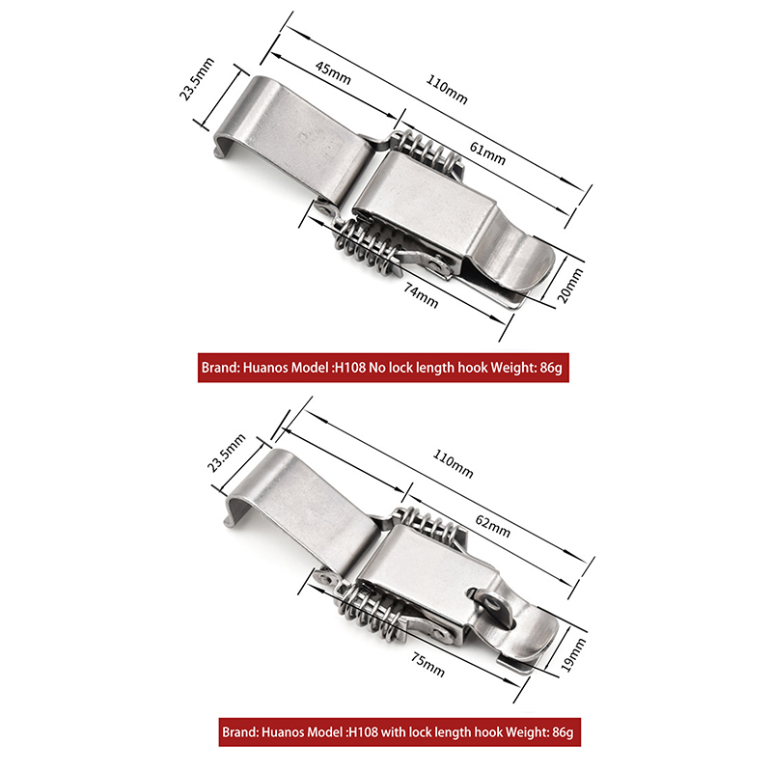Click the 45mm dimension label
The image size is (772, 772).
[x=333, y=72]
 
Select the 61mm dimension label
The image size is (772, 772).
[x=487, y=153]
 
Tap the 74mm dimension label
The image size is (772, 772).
[x=421, y=295]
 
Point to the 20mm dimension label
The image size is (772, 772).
[x=570, y=286]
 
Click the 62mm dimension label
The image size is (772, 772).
[x=492, y=526]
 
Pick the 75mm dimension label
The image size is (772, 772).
[x=427, y=665]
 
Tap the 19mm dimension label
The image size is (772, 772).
[x=573, y=655]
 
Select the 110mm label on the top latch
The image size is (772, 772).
[x=446, y=89]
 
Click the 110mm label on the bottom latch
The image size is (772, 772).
[x=453, y=464]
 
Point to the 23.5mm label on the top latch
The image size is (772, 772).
[x=197, y=79]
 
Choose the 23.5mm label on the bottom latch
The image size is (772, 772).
[x=226, y=454]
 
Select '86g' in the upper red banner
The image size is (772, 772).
[x=550, y=368]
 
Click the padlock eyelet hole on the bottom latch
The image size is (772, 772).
[x=490, y=601]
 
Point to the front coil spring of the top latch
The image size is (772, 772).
[x=362, y=247]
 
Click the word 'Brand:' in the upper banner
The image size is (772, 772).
[x=220, y=368]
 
